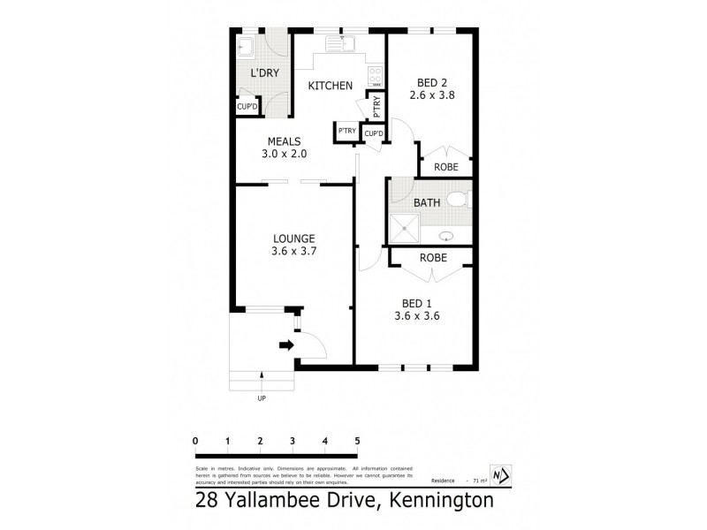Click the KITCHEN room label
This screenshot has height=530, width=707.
click(330, 86)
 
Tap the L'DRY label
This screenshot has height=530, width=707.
click(265, 73)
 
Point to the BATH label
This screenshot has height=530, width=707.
click(427, 203)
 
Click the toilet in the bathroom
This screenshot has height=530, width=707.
click(458, 200)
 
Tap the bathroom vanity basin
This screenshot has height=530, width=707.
click(446, 236)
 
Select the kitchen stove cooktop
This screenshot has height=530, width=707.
click(375, 74)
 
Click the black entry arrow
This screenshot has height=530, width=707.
click(286, 344)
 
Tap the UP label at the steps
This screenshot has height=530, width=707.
click(262, 398)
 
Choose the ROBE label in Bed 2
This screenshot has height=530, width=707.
click(445, 167)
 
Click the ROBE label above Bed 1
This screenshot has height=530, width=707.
click(432, 258)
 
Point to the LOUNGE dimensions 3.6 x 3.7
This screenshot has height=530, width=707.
click(294, 252)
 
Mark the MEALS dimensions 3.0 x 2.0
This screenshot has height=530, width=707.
click(284, 154)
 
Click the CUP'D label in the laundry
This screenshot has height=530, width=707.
click(247, 107)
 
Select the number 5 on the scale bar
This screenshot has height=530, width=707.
click(357, 442)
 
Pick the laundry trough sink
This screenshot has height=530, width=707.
click(247, 48)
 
